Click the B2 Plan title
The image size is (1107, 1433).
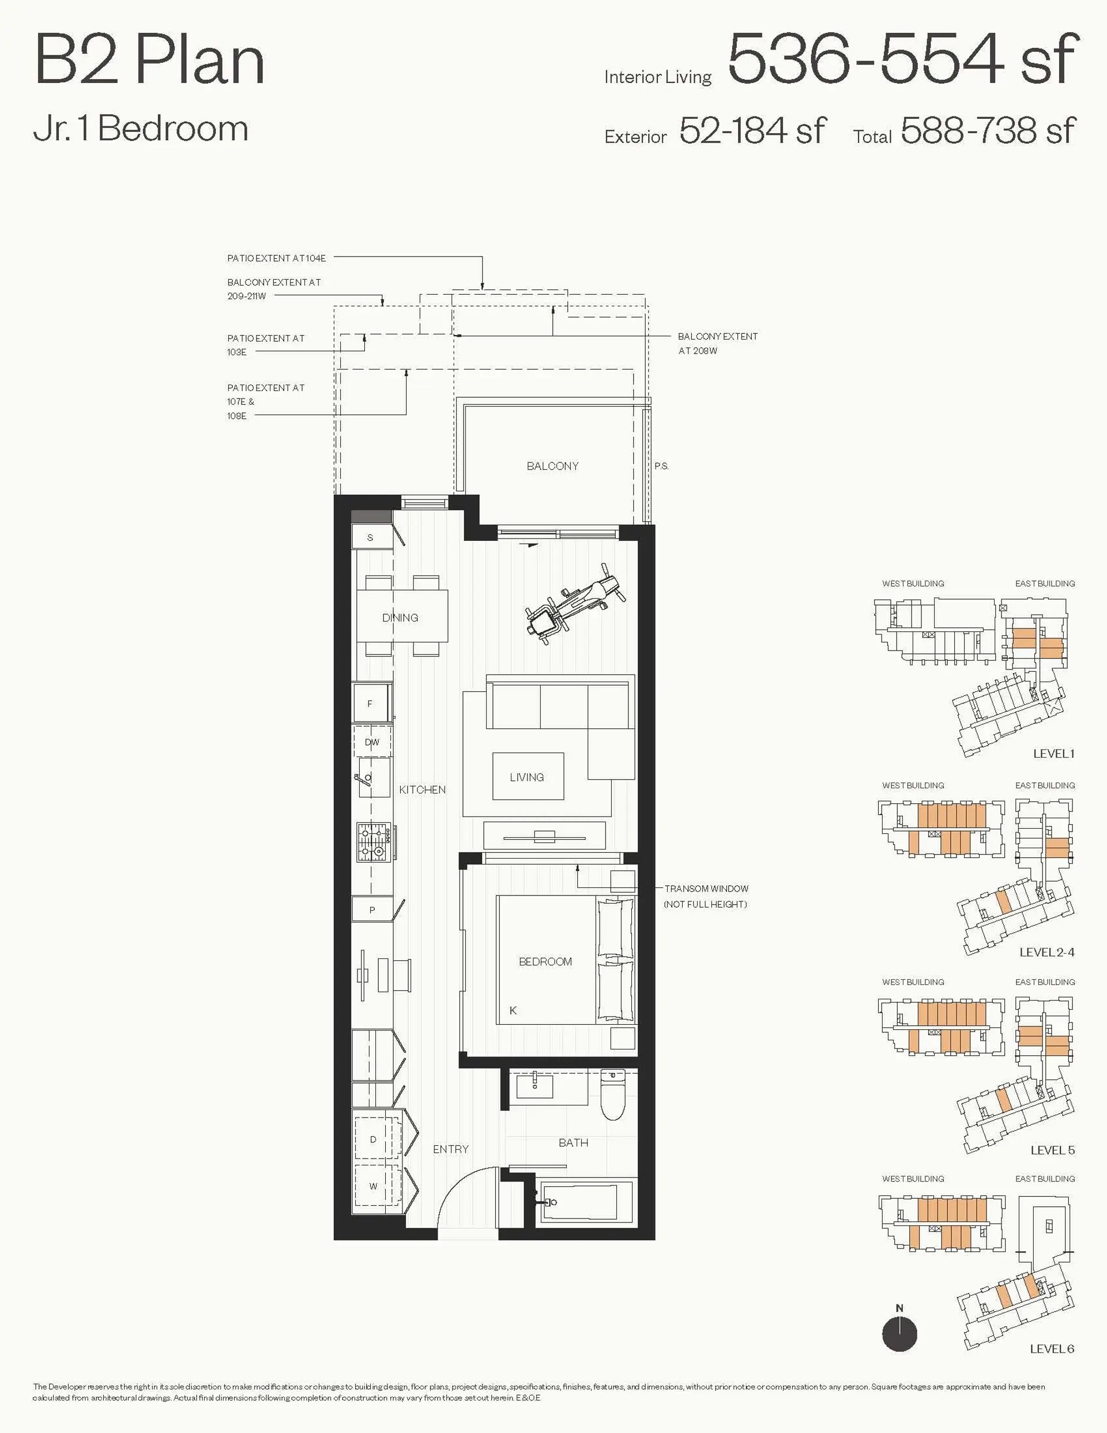149,61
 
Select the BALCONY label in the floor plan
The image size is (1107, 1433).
552,466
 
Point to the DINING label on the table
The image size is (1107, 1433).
400,618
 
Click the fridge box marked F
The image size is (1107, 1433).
371,704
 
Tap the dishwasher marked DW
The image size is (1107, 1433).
372,742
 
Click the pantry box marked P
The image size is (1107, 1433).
372,910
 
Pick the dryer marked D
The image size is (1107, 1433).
374,1139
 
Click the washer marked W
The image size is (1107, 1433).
374,1186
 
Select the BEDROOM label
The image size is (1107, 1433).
545,961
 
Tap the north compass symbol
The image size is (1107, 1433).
899,1334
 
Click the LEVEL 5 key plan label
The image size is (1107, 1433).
1052,1150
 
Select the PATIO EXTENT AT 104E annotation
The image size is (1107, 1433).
276,258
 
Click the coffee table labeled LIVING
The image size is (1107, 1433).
528,776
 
